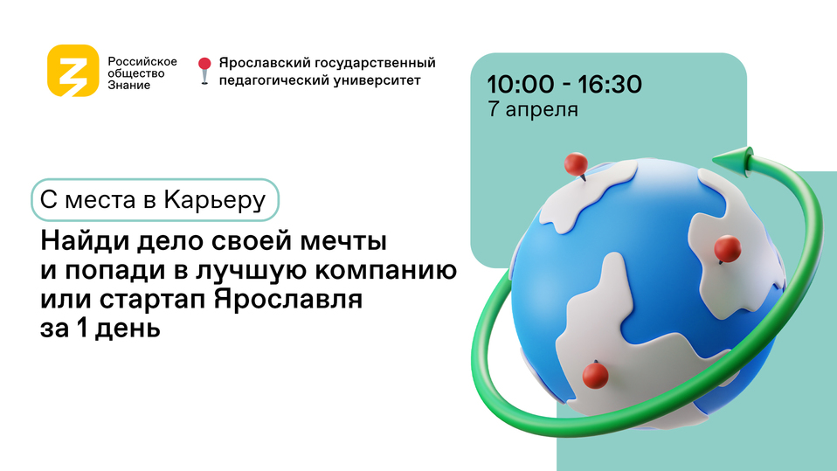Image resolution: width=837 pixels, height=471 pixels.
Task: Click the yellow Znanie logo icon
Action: pyautogui.click(x=73, y=71)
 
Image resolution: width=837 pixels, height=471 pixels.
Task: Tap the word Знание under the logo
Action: pyautogui.click(x=129, y=86)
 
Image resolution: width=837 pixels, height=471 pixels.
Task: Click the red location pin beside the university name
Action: pyautogui.click(x=204, y=71)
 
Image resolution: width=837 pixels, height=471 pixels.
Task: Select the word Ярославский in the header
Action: pyautogui.click(x=264, y=63)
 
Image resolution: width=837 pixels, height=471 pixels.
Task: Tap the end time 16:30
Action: pyautogui.click(x=610, y=85)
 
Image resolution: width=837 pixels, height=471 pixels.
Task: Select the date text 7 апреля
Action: pyautogui.click(x=533, y=109)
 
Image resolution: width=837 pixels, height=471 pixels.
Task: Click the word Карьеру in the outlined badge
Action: pyautogui.click(x=215, y=200)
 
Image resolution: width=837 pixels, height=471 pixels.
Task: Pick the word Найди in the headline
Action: pyautogui.click(x=85, y=240)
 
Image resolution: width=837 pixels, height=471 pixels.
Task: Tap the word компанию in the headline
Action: pyautogui.click(x=385, y=270)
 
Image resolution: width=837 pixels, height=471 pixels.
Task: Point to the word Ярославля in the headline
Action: pyautogui.click(x=288, y=299)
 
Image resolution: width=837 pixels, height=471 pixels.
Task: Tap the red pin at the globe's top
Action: pyautogui.click(x=577, y=164)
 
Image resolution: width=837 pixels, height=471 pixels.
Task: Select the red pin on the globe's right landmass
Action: pyautogui.click(x=727, y=248)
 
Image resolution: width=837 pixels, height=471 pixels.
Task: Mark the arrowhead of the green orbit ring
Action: pyautogui.click(x=732, y=160)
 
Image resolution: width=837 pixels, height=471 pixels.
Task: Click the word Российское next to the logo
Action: pyautogui.click(x=142, y=62)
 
